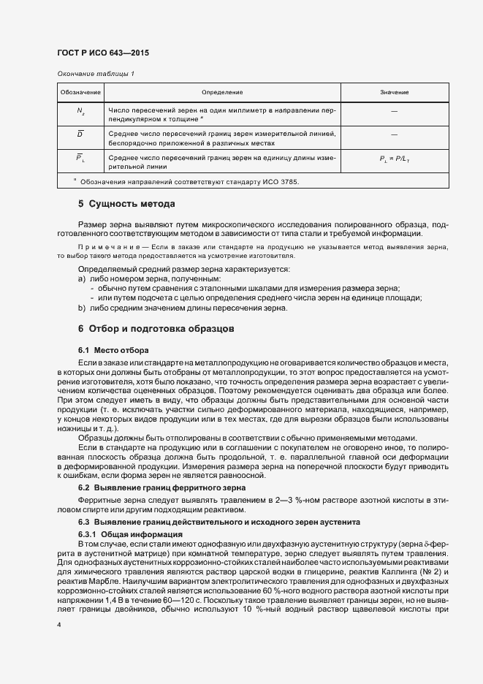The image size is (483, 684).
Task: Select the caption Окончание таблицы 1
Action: click(x=95, y=74)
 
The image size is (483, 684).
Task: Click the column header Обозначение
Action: click(x=80, y=93)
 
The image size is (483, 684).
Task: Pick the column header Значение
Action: click(x=394, y=93)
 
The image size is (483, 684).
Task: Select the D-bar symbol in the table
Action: click(x=80, y=134)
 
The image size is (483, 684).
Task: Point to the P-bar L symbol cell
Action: click(x=80, y=159)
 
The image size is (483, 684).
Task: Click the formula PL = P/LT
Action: click(x=394, y=159)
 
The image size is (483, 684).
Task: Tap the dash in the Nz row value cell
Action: click(x=394, y=112)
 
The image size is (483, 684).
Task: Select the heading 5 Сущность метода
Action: click(x=126, y=204)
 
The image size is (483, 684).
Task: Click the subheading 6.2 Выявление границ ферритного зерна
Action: click(x=161, y=487)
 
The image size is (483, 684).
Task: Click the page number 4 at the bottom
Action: click(x=59, y=626)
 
